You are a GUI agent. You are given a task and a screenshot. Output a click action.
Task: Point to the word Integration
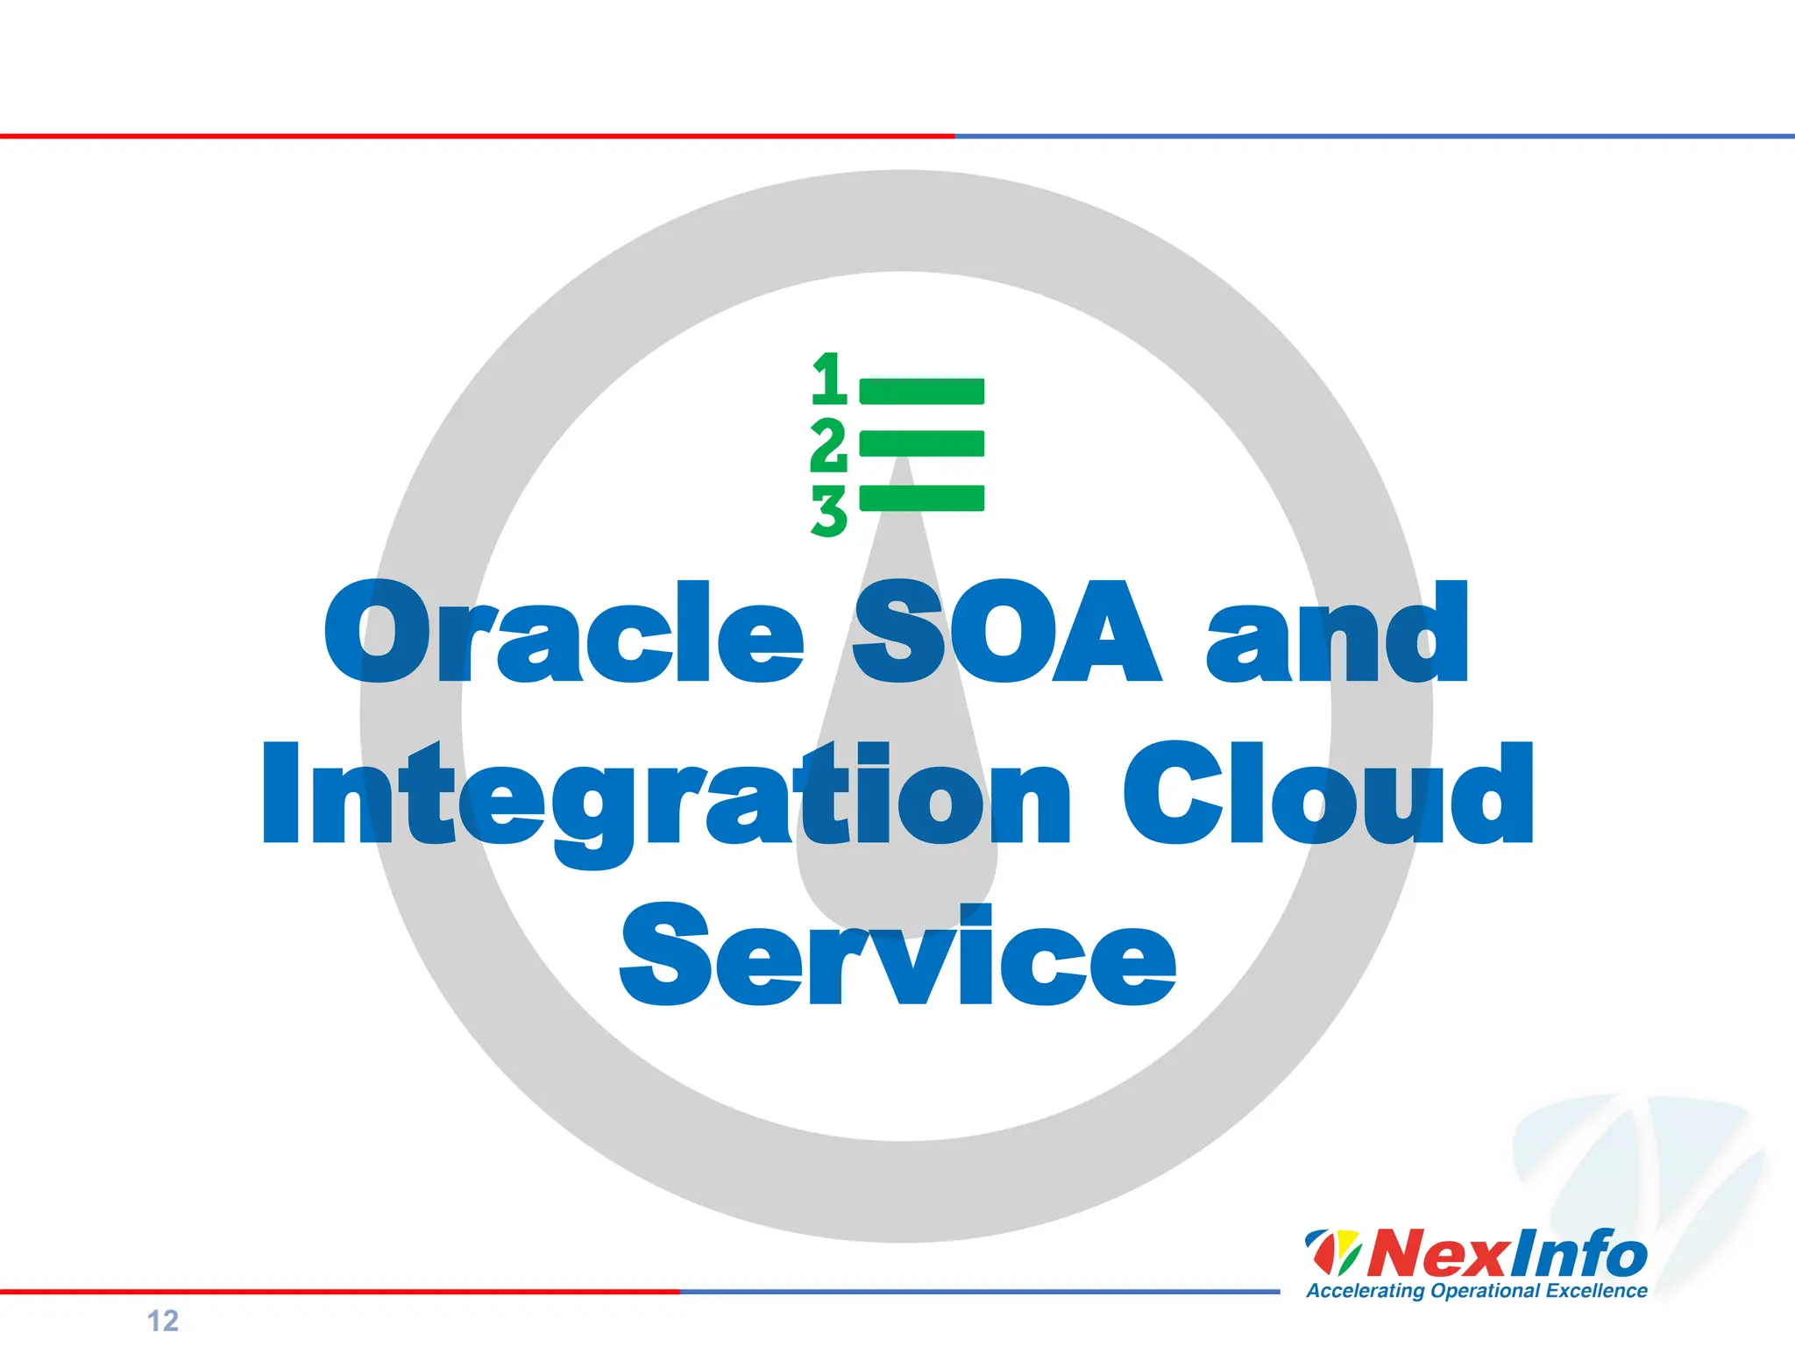pyautogui.click(x=666, y=796)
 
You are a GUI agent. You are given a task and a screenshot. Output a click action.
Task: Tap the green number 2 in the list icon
pyautogui.click(x=828, y=445)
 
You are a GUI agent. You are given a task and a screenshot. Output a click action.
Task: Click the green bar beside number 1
pyautogui.click(x=921, y=391)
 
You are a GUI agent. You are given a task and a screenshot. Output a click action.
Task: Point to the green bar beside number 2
pyautogui.click(x=921, y=443)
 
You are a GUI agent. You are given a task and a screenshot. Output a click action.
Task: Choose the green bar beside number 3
pyautogui.click(x=921, y=498)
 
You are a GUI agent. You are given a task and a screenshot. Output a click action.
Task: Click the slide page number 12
pyautogui.click(x=163, y=1321)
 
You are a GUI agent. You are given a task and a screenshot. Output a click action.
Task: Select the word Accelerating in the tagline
pyautogui.click(x=1365, y=1291)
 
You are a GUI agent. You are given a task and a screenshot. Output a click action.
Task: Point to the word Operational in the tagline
pyautogui.click(x=1485, y=1291)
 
